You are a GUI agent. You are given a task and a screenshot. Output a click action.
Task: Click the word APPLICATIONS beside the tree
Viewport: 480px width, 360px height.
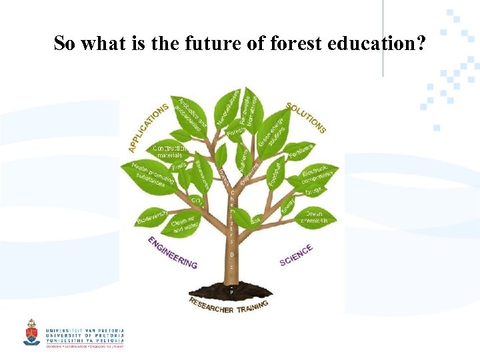click(148, 127)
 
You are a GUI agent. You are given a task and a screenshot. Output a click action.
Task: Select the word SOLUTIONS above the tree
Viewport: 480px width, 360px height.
click(306, 117)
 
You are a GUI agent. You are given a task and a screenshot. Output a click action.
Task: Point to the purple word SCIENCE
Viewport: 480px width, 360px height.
click(296, 255)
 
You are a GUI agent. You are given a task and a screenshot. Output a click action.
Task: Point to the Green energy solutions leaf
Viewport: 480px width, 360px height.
click(273, 133)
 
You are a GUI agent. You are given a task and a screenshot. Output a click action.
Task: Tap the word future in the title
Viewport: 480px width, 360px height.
click(183, 44)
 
